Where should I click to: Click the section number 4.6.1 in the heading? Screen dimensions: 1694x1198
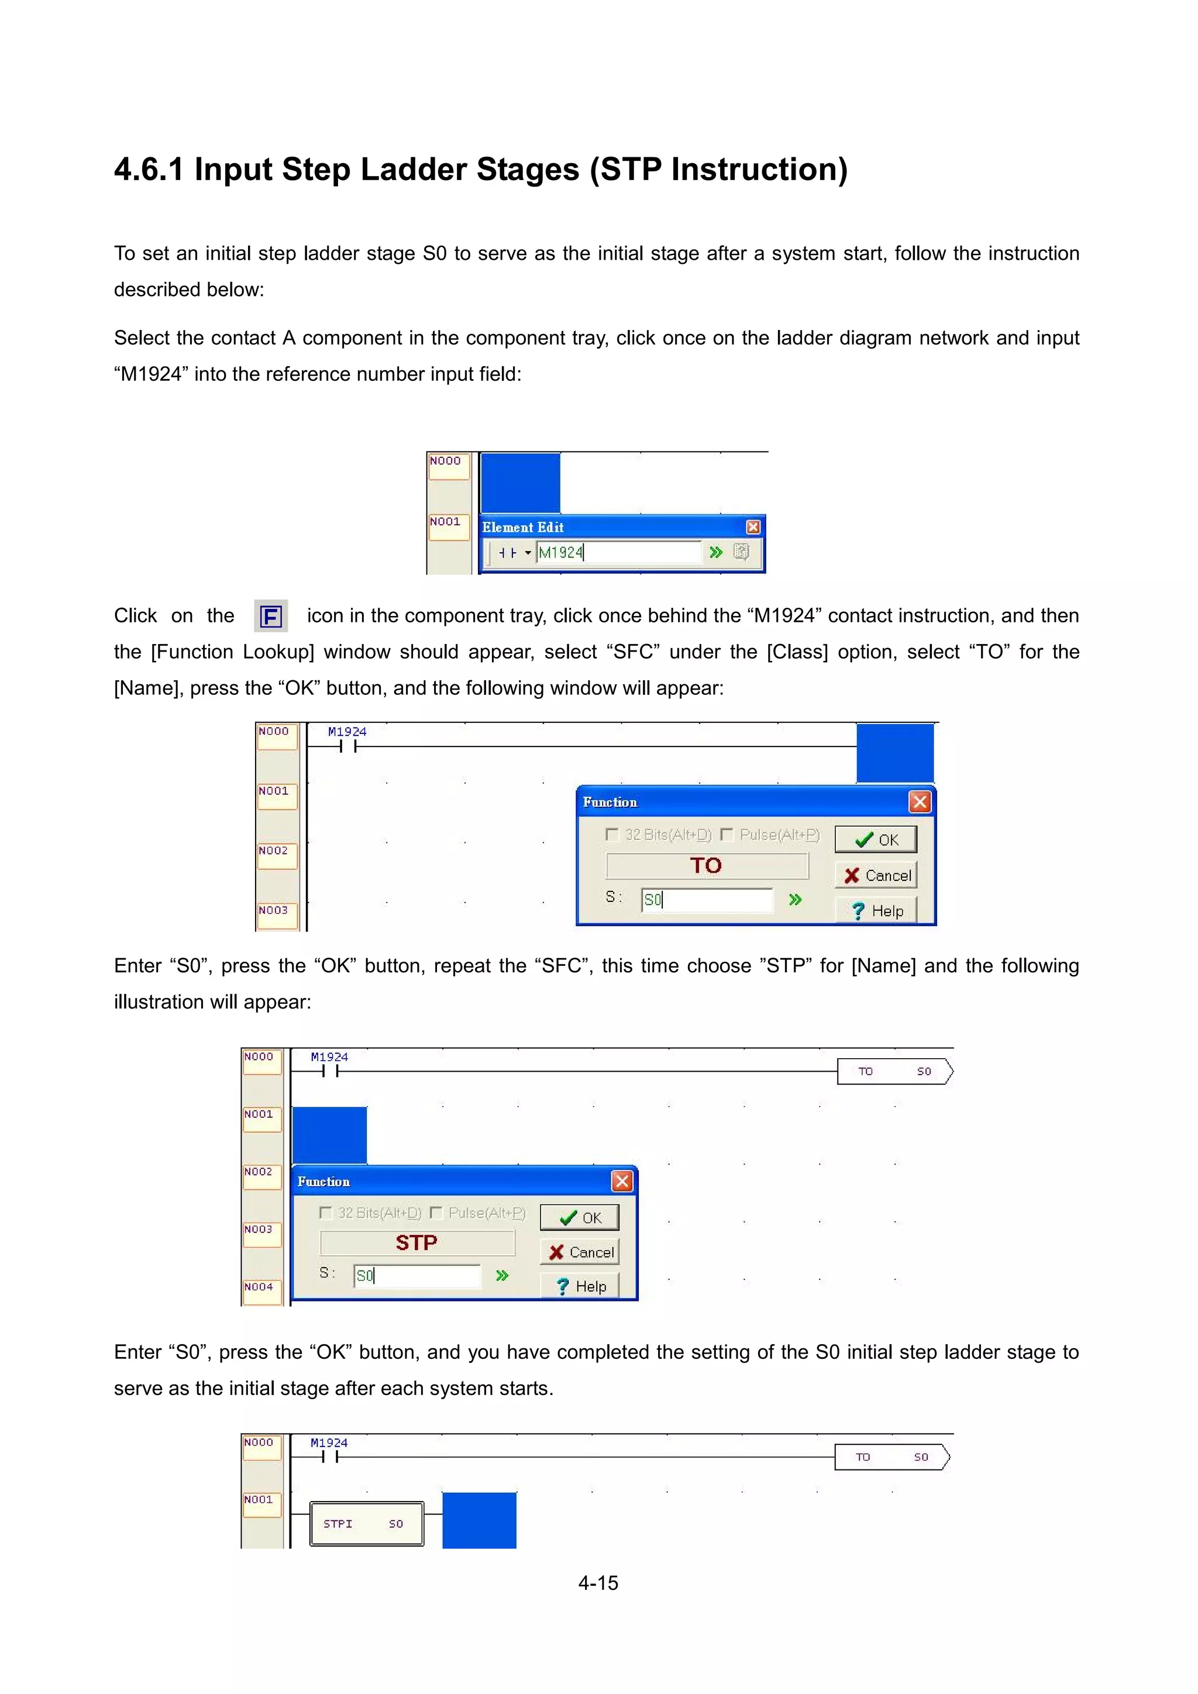[148, 170]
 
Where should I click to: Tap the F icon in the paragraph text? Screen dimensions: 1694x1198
[271, 616]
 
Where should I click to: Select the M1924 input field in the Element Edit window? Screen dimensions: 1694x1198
[618, 552]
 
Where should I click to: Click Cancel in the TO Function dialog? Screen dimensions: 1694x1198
[876, 875]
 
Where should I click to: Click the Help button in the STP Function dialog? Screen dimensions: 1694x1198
[580, 1286]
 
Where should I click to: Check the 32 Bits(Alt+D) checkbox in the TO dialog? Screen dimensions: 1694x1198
[611, 835]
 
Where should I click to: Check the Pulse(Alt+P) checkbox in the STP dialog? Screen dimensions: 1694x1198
[436, 1213]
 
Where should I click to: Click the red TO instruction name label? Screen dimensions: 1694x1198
[706, 866]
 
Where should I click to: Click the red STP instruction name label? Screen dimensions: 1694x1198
[417, 1243]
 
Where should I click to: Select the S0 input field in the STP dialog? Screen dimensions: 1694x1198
[417, 1276]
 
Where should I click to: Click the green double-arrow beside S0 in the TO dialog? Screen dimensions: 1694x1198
[794, 900]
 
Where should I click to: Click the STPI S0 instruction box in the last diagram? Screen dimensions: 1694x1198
[367, 1524]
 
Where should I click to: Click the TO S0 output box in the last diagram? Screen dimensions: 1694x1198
[891, 1457]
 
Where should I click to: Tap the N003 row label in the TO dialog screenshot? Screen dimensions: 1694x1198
[274, 910]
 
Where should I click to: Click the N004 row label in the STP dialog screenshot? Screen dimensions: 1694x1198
[259, 1287]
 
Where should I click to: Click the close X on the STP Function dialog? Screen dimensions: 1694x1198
[622, 1181]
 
